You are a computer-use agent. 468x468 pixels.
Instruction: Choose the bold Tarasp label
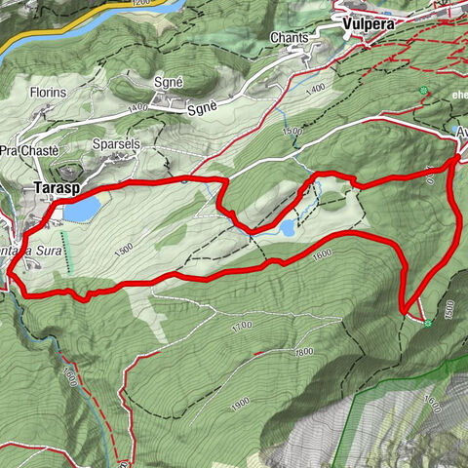point(56,185)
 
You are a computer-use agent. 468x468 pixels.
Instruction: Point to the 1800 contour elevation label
point(303,351)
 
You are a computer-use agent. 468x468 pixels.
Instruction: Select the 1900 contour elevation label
point(237,402)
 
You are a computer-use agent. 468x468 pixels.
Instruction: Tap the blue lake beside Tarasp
point(80,210)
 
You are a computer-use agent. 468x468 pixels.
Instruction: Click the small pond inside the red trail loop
point(287,227)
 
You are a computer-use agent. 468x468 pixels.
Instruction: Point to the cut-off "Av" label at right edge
point(459,132)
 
